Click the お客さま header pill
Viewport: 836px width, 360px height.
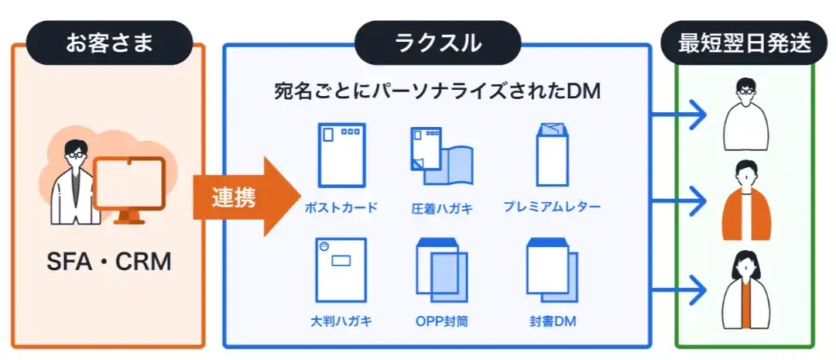tap(109, 43)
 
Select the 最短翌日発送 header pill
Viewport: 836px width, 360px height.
tap(745, 43)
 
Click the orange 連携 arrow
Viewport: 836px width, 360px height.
tap(246, 197)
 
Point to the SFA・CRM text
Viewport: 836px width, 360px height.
tap(109, 262)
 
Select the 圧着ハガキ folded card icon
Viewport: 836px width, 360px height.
tap(441, 156)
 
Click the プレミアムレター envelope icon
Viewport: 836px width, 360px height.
tap(552, 154)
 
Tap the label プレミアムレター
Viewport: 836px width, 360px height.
tap(552, 207)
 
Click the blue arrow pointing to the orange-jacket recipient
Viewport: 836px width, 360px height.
tap(680, 201)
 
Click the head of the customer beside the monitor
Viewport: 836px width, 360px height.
tap(74, 153)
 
